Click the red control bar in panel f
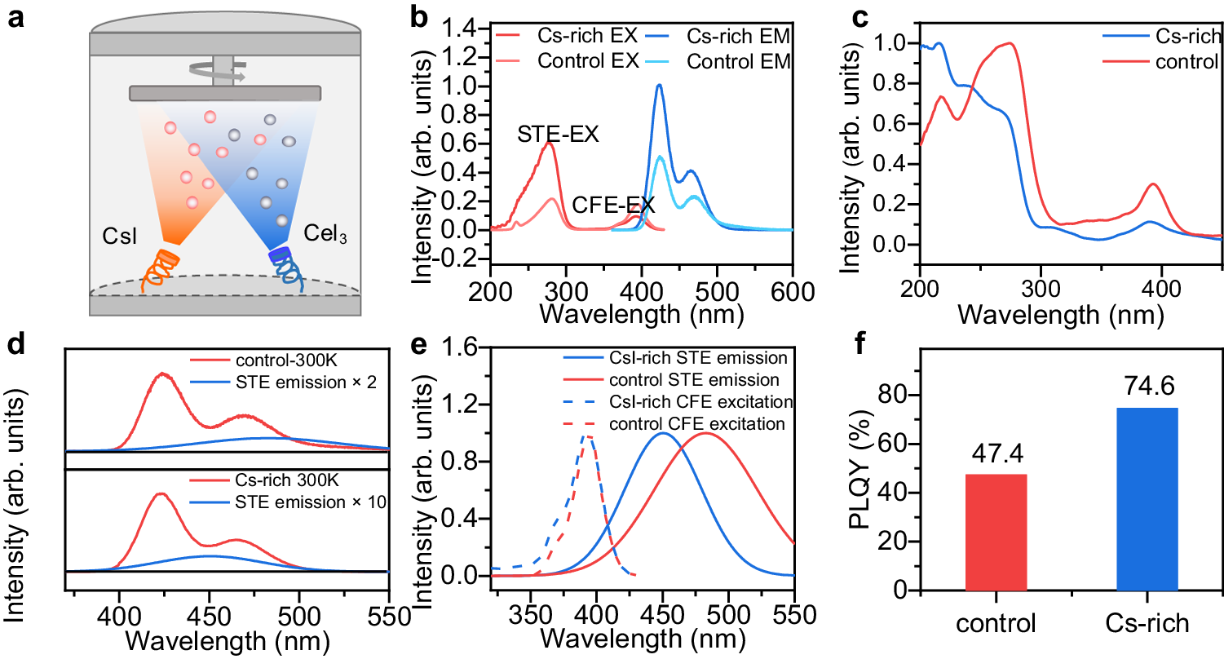[x=995, y=532]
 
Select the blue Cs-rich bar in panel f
[x=1147, y=499]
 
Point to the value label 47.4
[x=995, y=454]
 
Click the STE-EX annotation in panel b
[x=559, y=135]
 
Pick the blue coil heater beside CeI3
[x=285, y=269]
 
